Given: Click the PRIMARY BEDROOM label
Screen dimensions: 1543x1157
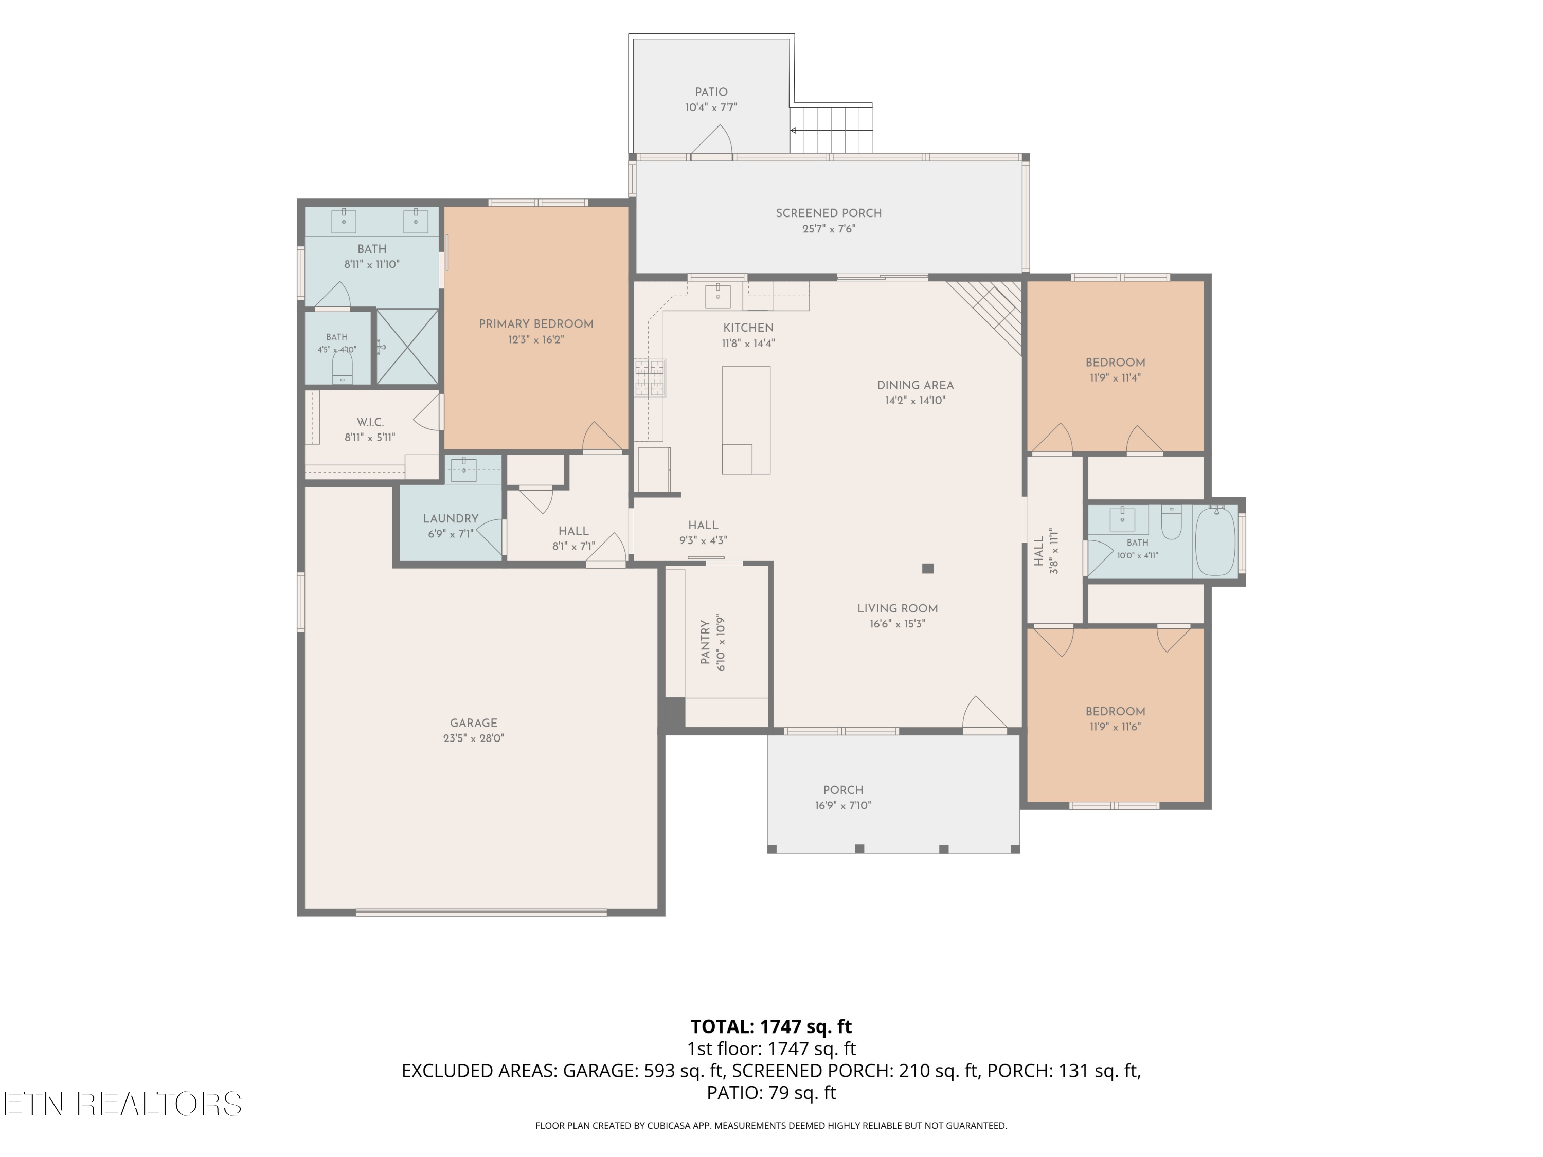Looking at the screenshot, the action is (536, 324).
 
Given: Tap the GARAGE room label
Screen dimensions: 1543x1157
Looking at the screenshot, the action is (474, 723).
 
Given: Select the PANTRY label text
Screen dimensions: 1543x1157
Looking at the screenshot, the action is (705, 642).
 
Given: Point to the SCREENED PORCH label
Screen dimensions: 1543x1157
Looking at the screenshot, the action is (829, 213).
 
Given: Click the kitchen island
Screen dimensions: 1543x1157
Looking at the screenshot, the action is (746, 420).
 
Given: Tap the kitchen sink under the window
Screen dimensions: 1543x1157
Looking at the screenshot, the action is (718, 296).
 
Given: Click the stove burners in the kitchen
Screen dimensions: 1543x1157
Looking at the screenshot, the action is (650, 378).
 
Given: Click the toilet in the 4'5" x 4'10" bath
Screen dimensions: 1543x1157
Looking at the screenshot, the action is (342, 367).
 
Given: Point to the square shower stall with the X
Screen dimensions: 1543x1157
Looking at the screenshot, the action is (407, 347).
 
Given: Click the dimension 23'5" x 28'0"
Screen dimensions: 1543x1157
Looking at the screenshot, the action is (474, 738).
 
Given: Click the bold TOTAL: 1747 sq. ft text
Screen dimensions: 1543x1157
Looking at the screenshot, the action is (771, 1026).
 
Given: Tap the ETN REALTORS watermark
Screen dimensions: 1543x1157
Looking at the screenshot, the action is (123, 1104).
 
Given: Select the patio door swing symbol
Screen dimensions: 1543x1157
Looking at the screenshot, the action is (711, 141).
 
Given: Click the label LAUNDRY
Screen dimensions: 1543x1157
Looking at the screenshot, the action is (451, 519).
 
